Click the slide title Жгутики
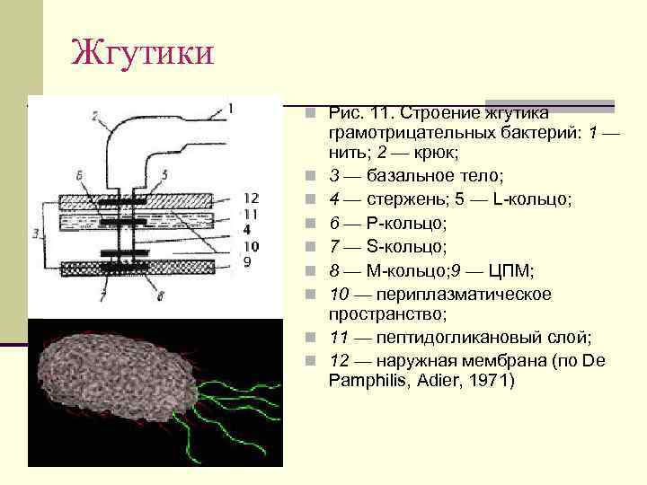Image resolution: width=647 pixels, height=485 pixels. click(x=143, y=52)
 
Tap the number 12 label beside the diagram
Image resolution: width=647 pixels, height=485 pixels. click(x=252, y=198)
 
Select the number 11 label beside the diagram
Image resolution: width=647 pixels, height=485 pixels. click(x=252, y=215)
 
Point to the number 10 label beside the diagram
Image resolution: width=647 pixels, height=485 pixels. click(x=252, y=246)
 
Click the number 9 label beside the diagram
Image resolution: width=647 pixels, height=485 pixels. click(x=249, y=261)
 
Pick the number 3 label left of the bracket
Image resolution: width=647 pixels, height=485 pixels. click(x=34, y=233)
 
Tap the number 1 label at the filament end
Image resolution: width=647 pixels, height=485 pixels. click(x=231, y=109)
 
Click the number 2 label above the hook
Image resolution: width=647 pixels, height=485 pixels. click(x=94, y=114)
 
